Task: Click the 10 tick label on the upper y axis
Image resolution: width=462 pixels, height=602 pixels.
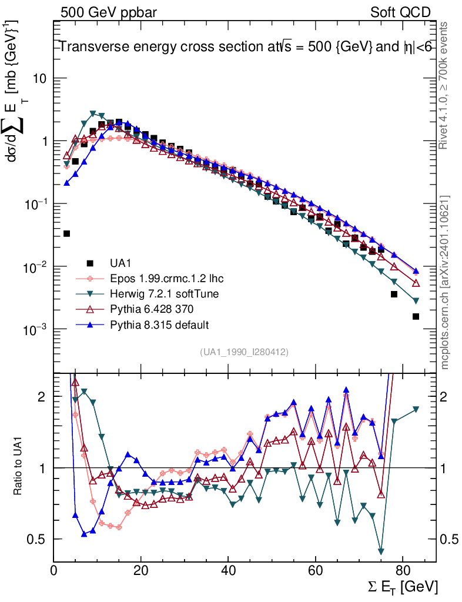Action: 39,78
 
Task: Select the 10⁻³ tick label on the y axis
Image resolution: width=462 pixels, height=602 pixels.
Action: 35,329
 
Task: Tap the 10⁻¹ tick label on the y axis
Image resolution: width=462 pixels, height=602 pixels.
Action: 35,203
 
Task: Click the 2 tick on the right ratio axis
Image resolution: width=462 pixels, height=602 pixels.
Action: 444,397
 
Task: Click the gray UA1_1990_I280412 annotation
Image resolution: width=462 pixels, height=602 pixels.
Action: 245,352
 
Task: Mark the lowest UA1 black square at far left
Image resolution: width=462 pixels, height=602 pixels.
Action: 66,233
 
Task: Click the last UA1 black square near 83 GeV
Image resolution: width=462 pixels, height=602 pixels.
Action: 416,316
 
